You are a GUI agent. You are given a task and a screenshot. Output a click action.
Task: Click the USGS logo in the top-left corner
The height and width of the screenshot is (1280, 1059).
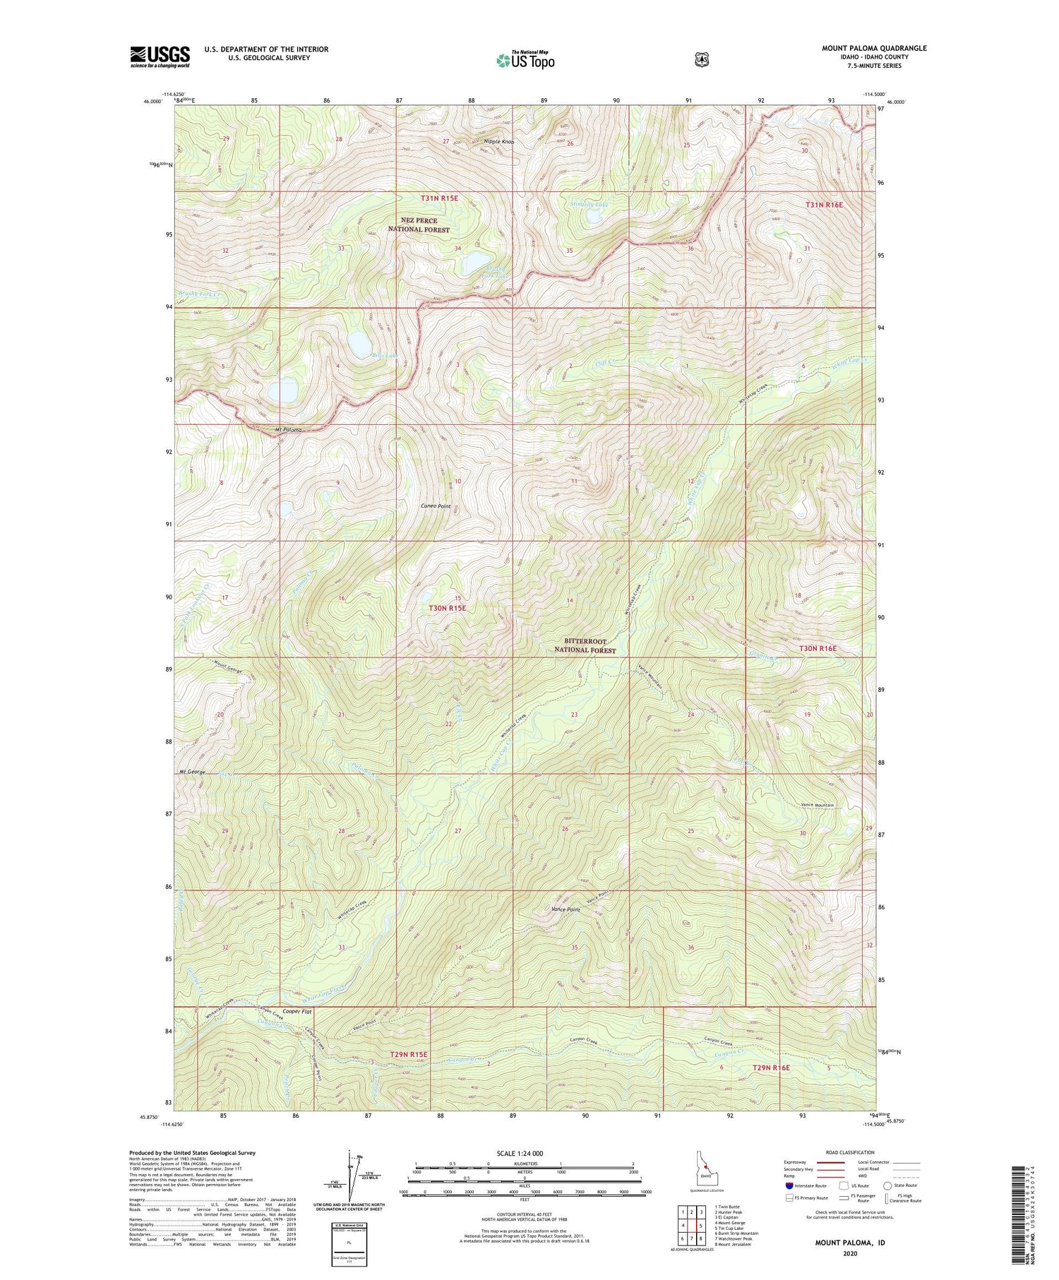point(160,56)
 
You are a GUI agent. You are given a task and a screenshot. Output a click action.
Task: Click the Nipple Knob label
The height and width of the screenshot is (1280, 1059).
point(498,142)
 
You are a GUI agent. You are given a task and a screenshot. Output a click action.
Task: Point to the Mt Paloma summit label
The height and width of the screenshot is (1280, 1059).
point(288,430)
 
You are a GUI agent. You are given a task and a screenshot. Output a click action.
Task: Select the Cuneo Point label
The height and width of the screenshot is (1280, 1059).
point(436,506)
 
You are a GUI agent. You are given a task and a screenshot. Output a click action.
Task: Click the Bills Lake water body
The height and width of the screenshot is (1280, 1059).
point(360,342)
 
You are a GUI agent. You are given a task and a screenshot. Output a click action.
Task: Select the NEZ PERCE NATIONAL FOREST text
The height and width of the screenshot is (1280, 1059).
point(419,225)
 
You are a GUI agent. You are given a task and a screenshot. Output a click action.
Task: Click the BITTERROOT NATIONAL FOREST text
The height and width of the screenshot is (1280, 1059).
point(585,646)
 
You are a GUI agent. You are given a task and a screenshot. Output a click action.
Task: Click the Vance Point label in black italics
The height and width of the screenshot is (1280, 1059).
point(565,910)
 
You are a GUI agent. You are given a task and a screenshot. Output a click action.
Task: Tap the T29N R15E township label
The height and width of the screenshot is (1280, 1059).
point(409,1055)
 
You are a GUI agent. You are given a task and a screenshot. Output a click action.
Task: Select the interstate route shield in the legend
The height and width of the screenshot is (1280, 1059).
point(789,1186)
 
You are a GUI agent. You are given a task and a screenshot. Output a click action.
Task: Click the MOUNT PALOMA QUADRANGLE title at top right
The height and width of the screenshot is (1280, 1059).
point(874,48)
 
